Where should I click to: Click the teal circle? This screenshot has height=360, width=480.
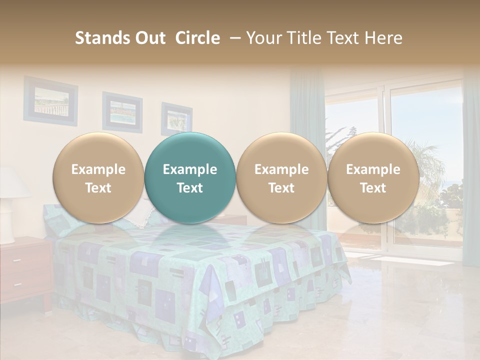(x=190, y=178)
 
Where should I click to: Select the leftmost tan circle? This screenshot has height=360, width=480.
(x=98, y=178)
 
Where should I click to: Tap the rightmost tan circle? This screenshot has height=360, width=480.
(x=373, y=178)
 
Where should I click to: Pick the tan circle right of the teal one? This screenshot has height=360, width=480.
(x=281, y=178)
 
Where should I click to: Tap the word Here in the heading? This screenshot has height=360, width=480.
(x=383, y=38)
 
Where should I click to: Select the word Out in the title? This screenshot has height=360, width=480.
(x=149, y=38)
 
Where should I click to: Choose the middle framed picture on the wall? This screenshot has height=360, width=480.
(x=122, y=111)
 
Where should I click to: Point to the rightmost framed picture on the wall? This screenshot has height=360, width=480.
(x=176, y=119)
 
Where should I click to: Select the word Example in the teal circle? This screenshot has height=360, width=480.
(x=190, y=169)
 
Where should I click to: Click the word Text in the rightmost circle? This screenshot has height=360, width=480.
(x=373, y=188)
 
